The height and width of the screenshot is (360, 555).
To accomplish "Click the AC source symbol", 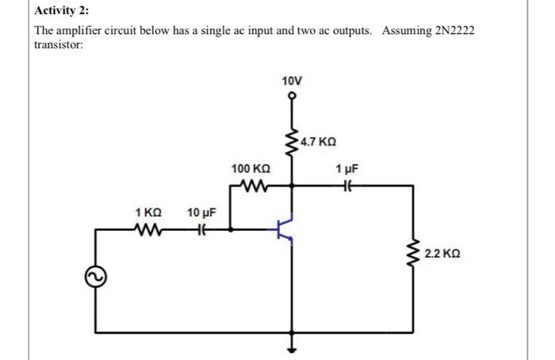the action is pyautogui.click(x=96, y=277).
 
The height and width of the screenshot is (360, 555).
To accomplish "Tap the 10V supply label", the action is pyautogui.click(x=292, y=81).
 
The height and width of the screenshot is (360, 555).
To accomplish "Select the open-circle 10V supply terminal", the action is pyautogui.click(x=292, y=96).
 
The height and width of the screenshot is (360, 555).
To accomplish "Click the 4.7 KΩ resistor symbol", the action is pyautogui.click(x=293, y=143).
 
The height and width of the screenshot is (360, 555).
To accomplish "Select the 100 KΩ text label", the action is pyautogui.click(x=251, y=168).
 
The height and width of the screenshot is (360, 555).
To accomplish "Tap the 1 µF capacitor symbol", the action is pyautogui.click(x=347, y=185).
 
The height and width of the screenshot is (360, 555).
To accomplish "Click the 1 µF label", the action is pyautogui.click(x=347, y=169).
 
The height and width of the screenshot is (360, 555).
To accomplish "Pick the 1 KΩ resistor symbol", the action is pyautogui.click(x=148, y=229).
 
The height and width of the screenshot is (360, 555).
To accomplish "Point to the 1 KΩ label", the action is pyautogui.click(x=148, y=213).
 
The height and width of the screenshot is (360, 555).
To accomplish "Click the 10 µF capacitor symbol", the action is pyautogui.click(x=201, y=229).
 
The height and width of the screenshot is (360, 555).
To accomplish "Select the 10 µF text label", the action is pyautogui.click(x=201, y=213).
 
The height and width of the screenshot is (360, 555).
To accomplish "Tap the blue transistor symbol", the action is pyautogui.click(x=283, y=229).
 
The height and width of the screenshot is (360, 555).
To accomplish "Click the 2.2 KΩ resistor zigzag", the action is pyautogui.click(x=413, y=253).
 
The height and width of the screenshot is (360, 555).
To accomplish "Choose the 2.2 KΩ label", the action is pyautogui.click(x=442, y=254).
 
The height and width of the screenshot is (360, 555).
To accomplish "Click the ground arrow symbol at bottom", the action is pyautogui.click(x=292, y=350).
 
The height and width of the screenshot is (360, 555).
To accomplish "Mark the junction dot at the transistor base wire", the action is pyautogui.click(x=231, y=229).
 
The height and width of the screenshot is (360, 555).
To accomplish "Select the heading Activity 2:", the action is pyautogui.click(x=62, y=10).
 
